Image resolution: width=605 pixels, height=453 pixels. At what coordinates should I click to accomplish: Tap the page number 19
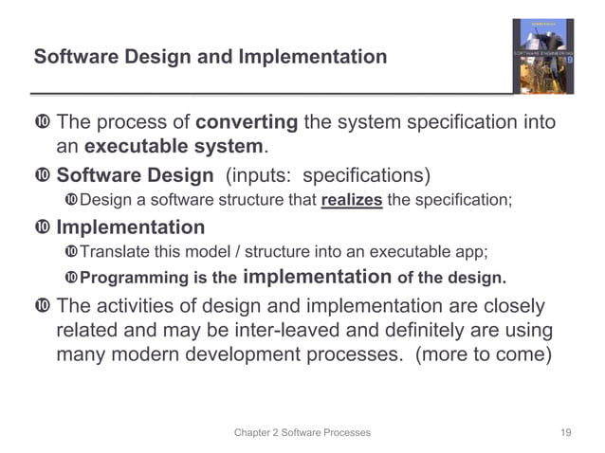pyautogui.click(x=566, y=432)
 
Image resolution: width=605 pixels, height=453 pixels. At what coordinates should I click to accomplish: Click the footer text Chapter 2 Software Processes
pyautogui.click(x=302, y=432)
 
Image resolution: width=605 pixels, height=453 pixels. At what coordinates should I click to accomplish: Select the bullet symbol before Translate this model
pyautogui.click(x=71, y=253)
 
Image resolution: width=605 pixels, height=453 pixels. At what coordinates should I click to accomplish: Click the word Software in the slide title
pyautogui.click(x=70, y=57)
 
